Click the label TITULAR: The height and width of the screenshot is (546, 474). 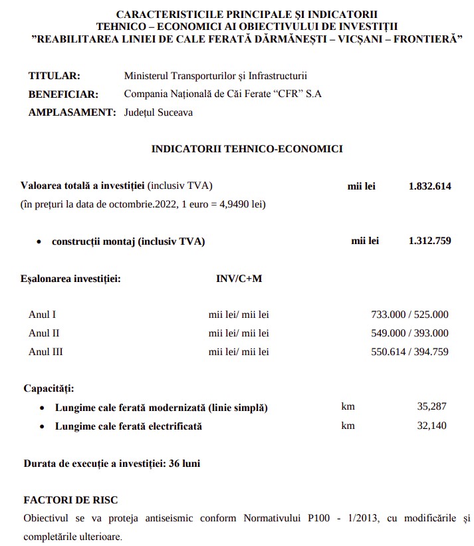pyautogui.click(x=55, y=76)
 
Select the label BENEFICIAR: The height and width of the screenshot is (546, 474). pyautogui.click(x=63, y=94)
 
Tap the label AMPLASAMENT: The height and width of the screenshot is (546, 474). pyautogui.click(x=72, y=112)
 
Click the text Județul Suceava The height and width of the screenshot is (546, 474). pyautogui.click(x=158, y=112)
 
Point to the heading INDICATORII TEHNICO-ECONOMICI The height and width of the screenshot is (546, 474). pyautogui.click(x=247, y=149)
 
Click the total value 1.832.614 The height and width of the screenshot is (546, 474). pyautogui.click(x=429, y=186)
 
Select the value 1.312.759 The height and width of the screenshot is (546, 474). pyautogui.click(x=429, y=241)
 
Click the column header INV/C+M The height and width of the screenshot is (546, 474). pyautogui.click(x=239, y=278)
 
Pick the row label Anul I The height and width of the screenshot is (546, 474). pyautogui.click(x=43, y=315)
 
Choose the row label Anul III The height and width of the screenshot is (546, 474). pyautogui.click(x=46, y=351)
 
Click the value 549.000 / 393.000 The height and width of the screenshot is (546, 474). pyautogui.click(x=410, y=333)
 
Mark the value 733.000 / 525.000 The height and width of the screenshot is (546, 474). pyautogui.click(x=410, y=315)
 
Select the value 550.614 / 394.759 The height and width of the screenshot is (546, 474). pyautogui.click(x=410, y=351)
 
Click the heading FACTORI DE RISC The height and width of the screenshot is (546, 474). pyautogui.click(x=70, y=499)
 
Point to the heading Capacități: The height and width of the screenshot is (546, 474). pyautogui.click(x=49, y=388)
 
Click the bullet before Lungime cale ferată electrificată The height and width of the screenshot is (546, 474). pyautogui.click(x=43, y=426)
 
